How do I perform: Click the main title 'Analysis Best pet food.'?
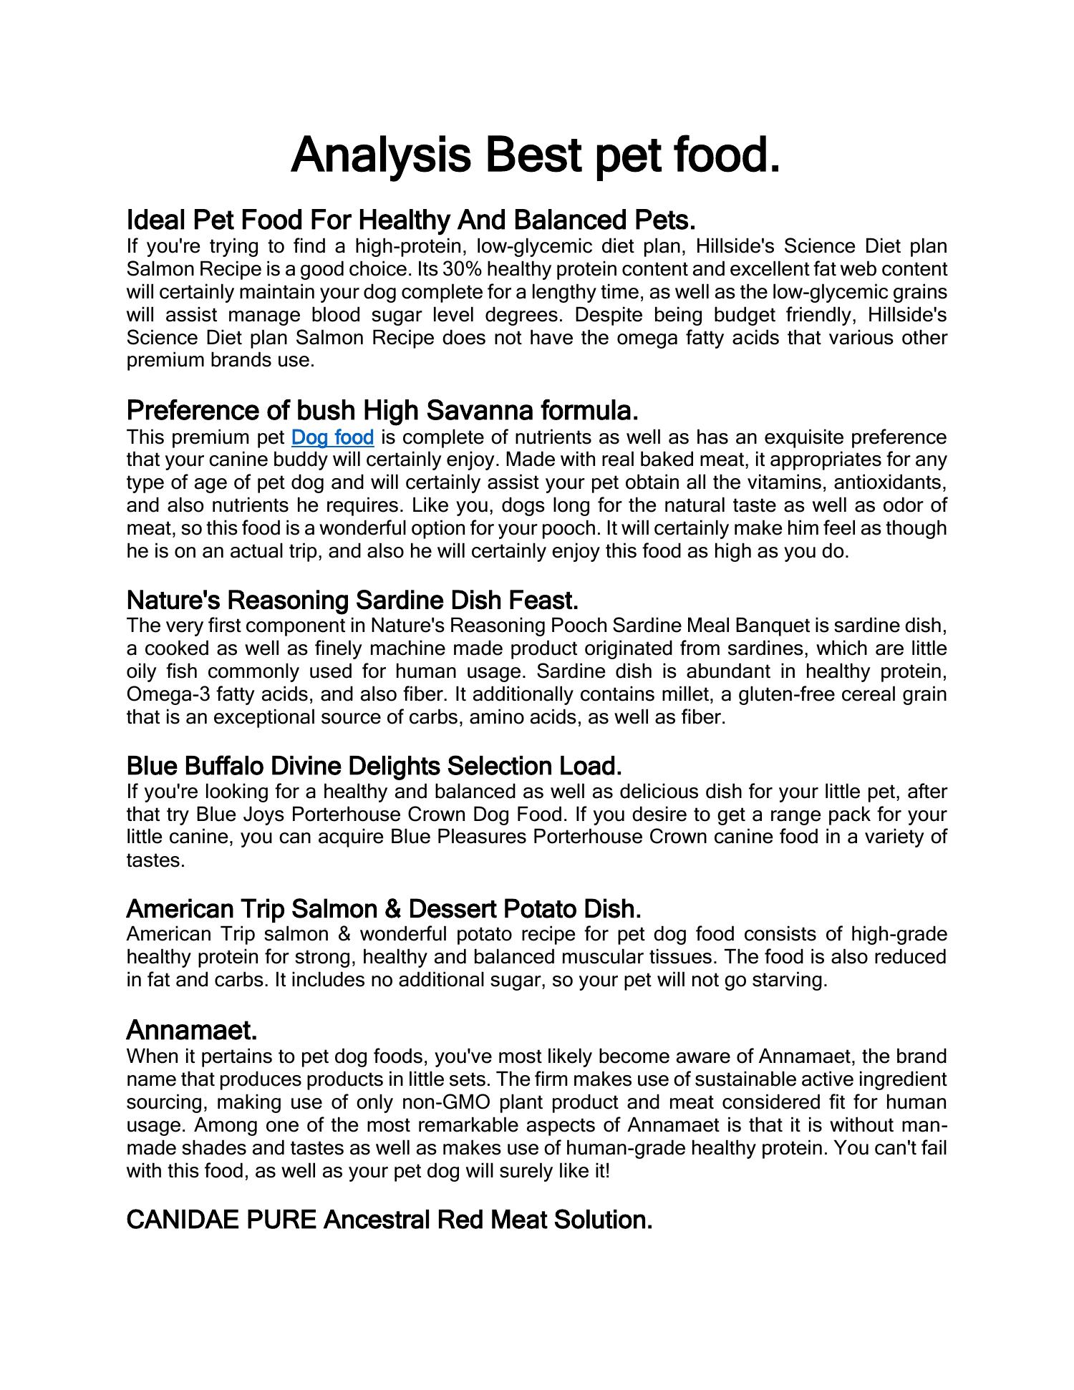[535, 155]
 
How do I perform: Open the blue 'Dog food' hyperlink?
[333, 437]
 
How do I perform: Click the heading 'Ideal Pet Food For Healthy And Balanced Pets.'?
[411, 218]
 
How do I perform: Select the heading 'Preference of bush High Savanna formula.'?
[382, 410]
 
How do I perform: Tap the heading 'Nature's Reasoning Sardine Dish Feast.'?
[352, 599]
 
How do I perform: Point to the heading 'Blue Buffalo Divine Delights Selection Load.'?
[374, 766]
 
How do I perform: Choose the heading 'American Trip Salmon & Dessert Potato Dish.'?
[383, 909]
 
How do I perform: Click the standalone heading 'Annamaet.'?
[191, 1030]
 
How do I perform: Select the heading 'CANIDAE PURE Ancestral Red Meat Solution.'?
[389, 1220]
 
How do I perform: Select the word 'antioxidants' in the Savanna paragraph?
[891, 482]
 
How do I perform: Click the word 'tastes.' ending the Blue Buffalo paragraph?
[155, 860]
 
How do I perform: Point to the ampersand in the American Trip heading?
[392, 909]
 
